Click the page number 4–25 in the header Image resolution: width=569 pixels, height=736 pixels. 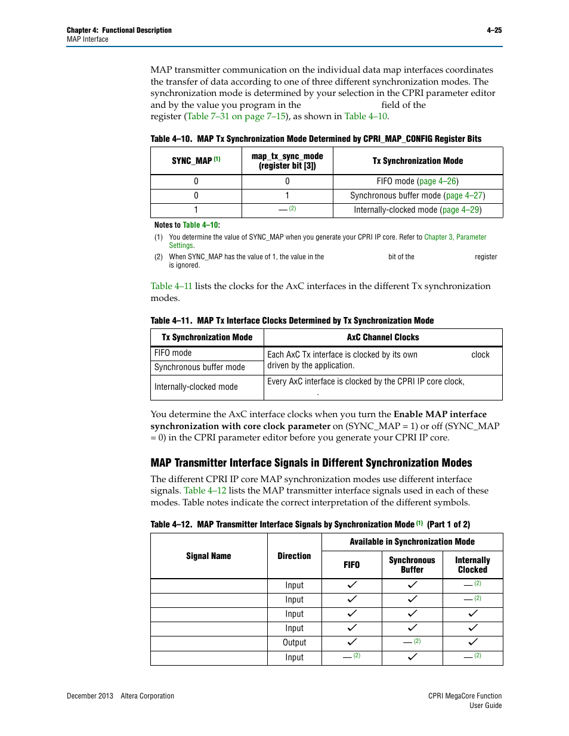494,30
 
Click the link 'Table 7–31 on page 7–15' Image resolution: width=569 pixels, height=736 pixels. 236,116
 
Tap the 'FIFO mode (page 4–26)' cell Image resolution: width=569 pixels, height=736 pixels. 418,181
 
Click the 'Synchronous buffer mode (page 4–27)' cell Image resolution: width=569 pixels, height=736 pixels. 418,195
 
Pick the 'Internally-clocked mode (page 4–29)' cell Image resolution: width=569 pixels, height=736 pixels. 418,210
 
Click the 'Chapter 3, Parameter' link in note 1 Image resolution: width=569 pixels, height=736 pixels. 455,237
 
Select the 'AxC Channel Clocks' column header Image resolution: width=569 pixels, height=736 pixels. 383,337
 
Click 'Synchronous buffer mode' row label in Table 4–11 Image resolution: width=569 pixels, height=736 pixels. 200,367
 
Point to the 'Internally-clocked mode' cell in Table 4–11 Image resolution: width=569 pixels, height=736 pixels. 196,387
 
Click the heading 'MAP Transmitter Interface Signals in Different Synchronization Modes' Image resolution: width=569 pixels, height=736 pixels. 311,463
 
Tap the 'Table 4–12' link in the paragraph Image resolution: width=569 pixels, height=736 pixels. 205,490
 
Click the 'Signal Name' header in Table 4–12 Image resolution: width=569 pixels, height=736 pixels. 209,556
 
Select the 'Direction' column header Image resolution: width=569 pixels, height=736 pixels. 294,556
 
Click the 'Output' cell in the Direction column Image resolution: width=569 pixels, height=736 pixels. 295,642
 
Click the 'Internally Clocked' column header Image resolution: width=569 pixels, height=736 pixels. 472,565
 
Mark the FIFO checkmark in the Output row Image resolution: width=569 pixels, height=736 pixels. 352,642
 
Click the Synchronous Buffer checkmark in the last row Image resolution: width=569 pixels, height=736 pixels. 412,657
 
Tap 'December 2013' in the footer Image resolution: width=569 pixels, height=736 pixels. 90,696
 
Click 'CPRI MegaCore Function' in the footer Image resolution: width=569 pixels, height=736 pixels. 465,696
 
